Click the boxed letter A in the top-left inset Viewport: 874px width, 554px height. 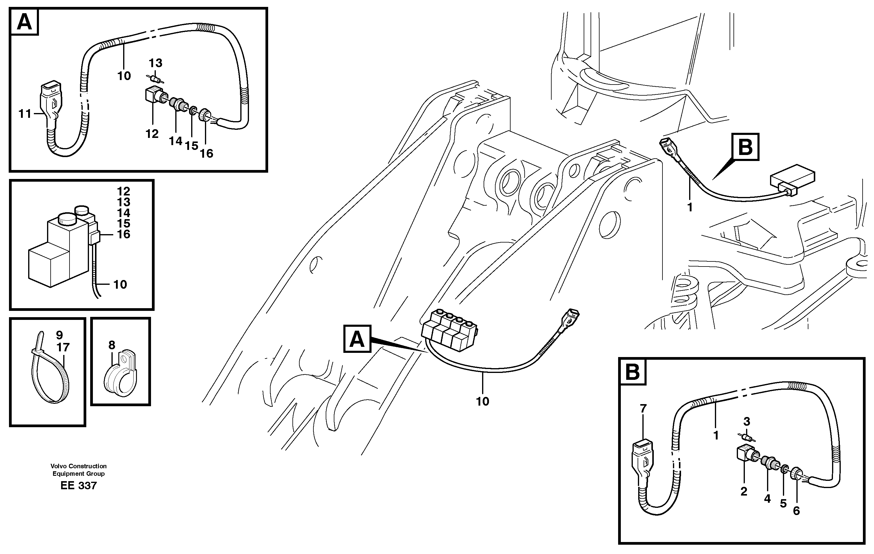(x=24, y=22)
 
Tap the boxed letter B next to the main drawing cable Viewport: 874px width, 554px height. (x=745, y=147)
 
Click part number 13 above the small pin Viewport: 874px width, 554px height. (x=155, y=63)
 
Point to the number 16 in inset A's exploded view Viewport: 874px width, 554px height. (x=206, y=153)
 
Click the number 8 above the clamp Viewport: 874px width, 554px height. (x=111, y=345)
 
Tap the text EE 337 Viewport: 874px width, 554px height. (x=79, y=486)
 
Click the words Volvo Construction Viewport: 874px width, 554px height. (x=79, y=466)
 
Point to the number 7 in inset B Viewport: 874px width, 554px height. (x=643, y=409)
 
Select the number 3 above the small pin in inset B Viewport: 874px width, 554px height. (x=746, y=421)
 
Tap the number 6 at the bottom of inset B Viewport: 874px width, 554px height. (x=796, y=511)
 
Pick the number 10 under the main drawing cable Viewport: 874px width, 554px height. (x=482, y=401)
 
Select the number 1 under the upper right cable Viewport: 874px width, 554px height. (x=690, y=207)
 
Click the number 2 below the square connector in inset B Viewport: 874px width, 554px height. (x=744, y=492)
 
